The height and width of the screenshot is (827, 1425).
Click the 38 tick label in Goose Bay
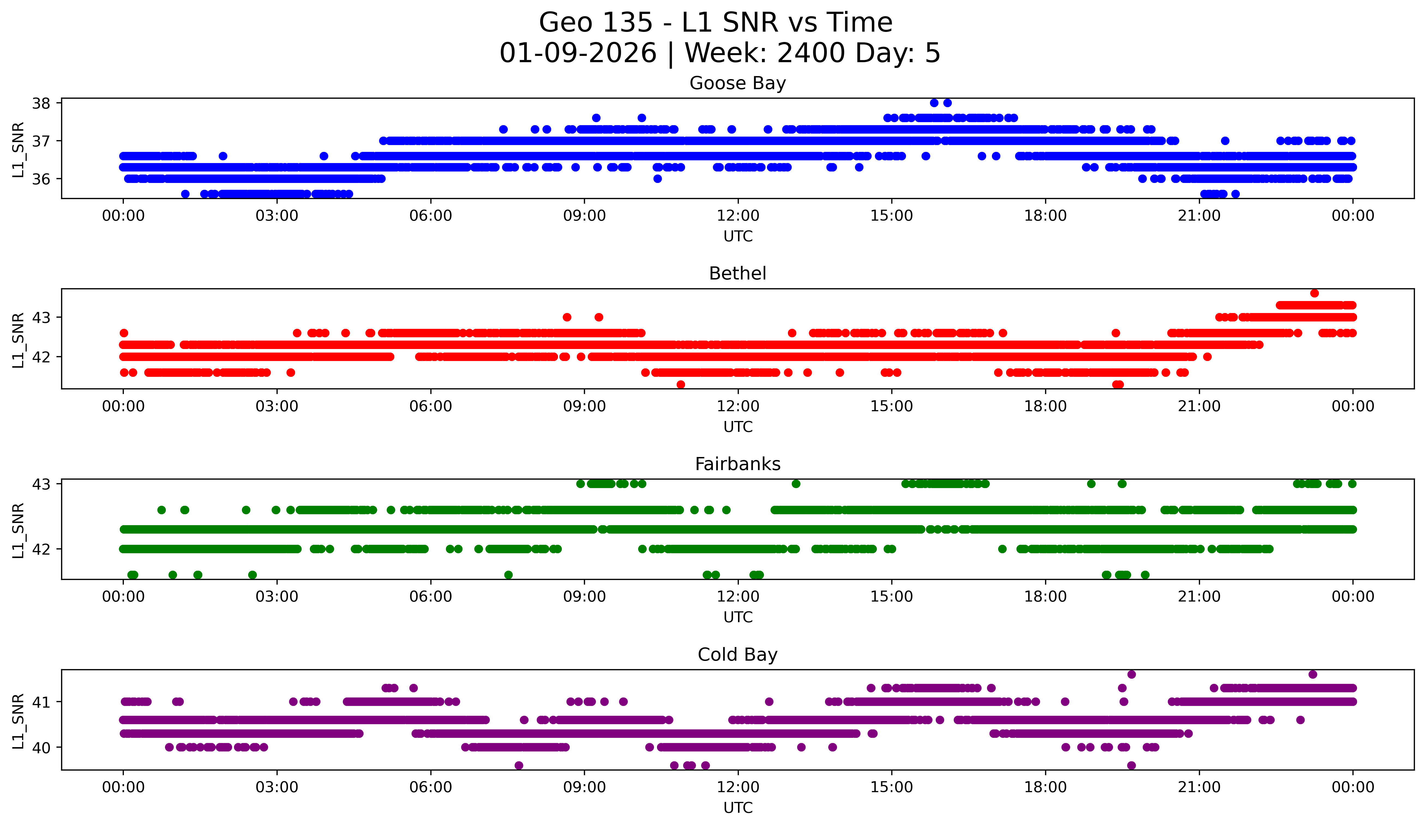tap(41, 103)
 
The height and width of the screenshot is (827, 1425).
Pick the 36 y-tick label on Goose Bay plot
tap(41, 179)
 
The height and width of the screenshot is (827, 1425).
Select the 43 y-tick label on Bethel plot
tap(41, 318)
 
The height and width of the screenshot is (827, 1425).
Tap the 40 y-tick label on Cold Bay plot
tap(41, 748)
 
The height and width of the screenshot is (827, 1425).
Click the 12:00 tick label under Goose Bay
tap(738, 216)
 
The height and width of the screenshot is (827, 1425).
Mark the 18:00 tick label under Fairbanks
tap(1045, 597)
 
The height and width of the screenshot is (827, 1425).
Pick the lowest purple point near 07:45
tap(518, 765)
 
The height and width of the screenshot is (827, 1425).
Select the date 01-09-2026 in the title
tap(578, 53)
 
